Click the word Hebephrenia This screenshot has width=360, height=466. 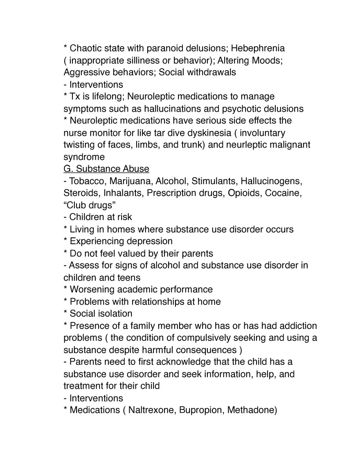point(258,48)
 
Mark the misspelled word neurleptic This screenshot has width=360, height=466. point(243,145)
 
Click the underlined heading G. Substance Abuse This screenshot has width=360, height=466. point(106,169)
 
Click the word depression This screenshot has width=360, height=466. point(150,241)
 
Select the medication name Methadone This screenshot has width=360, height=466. point(252,410)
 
